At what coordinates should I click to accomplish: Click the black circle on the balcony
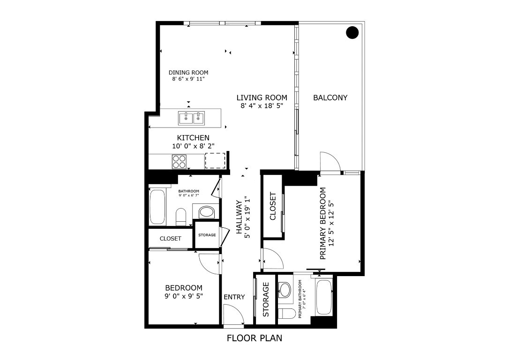(352, 32)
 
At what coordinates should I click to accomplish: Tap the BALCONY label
(330, 98)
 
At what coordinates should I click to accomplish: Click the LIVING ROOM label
(262, 98)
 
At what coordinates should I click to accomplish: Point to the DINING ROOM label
(188, 73)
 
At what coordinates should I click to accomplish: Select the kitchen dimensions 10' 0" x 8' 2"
(193, 146)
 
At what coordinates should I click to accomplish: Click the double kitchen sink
(192, 118)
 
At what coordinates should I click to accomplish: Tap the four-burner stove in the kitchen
(180, 161)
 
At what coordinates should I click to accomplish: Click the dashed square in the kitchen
(215, 161)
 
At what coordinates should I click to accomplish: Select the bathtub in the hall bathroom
(157, 207)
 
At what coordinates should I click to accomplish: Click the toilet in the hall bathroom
(181, 217)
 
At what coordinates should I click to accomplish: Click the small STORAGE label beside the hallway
(207, 235)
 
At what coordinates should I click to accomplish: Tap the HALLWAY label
(239, 217)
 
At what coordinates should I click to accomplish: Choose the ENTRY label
(234, 297)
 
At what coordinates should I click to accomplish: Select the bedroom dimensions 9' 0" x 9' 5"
(184, 296)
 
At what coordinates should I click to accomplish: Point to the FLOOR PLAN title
(254, 338)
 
